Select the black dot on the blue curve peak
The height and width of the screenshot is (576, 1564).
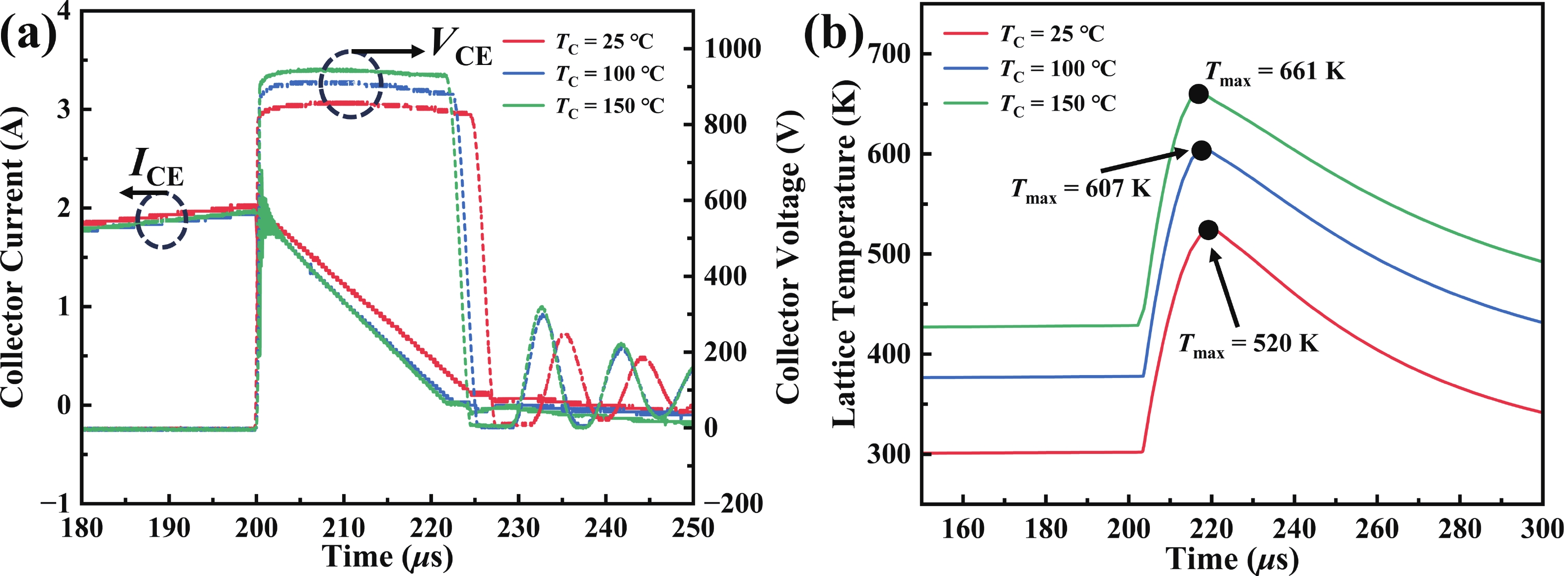(x=1201, y=150)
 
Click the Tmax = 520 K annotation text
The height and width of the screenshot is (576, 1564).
(x=1248, y=345)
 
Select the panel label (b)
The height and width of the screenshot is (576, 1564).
(x=833, y=34)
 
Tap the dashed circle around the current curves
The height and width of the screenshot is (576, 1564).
(x=161, y=220)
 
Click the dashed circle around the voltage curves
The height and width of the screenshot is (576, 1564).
(x=351, y=84)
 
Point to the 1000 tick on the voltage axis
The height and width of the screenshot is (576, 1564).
(x=732, y=49)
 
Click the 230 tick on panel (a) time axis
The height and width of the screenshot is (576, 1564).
(x=518, y=528)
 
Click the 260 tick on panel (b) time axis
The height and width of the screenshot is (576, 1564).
(x=1376, y=528)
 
